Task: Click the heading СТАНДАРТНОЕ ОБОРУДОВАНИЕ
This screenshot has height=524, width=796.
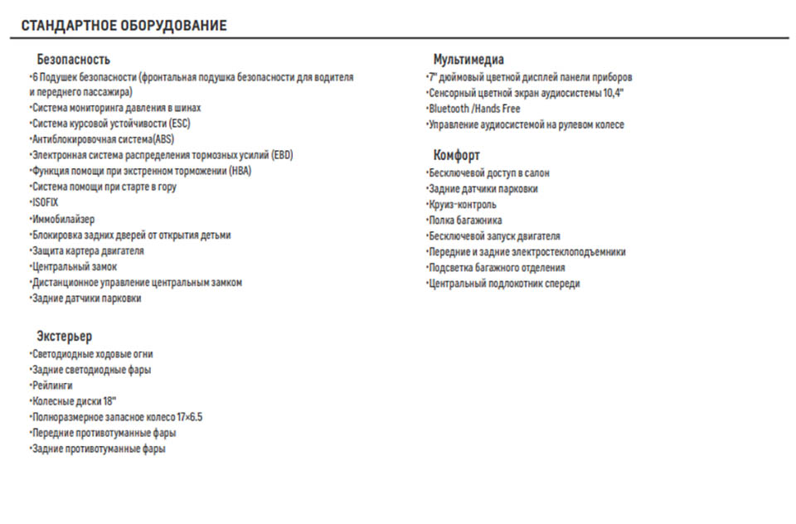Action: pyautogui.click(x=124, y=26)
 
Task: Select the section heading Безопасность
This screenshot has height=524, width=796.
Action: pyautogui.click(x=73, y=60)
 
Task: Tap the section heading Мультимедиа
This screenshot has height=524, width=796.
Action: pyautogui.click(x=468, y=60)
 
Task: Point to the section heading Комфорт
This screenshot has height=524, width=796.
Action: pyautogui.click(x=456, y=155)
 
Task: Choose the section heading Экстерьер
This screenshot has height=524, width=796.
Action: pyautogui.click(x=65, y=337)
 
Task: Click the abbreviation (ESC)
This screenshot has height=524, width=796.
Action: pyautogui.click(x=179, y=124)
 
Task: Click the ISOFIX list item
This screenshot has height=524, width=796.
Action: pyautogui.click(x=46, y=202)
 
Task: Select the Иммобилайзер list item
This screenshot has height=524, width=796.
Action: pyautogui.click(x=63, y=219)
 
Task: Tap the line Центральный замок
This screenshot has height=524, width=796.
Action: pyautogui.click(x=74, y=267)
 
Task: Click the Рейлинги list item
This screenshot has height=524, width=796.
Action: pyautogui.click(x=52, y=386)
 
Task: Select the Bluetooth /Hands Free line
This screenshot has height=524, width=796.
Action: pyautogui.click(x=474, y=109)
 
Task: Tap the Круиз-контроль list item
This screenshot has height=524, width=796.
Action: pyautogui.click(x=463, y=204)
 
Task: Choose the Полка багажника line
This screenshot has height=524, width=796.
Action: pyautogui.click(x=465, y=221)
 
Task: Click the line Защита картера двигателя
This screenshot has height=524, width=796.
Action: pyautogui.click(x=88, y=250)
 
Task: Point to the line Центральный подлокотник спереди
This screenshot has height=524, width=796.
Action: pyautogui.click(x=504, y=284)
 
